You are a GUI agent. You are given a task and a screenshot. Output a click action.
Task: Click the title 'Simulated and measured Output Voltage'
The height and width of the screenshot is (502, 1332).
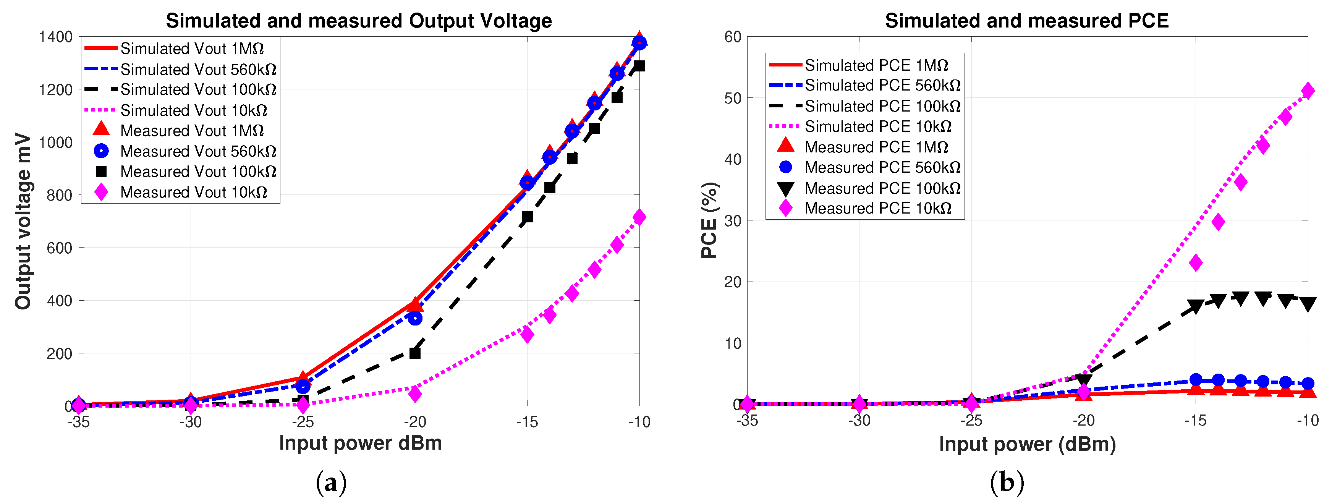[358, 21]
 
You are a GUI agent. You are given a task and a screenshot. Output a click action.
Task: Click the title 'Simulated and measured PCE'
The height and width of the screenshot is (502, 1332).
[1026, 21]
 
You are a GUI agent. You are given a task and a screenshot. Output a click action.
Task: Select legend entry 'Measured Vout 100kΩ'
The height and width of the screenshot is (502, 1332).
[198, 172]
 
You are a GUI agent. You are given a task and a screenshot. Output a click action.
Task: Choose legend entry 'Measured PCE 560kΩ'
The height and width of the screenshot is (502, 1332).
[882, 167]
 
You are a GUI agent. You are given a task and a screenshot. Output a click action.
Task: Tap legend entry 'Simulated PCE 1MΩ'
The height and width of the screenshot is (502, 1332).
[876, 65]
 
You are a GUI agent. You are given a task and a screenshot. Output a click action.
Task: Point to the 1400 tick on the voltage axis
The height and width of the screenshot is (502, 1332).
[55, 37]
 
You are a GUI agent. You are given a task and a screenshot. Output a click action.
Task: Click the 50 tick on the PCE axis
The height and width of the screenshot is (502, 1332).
[733, 98]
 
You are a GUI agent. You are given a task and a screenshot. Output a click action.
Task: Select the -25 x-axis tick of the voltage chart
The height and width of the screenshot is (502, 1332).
[303, 423]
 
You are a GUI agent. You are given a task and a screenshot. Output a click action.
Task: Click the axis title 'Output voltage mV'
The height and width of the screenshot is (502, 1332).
[23, 221]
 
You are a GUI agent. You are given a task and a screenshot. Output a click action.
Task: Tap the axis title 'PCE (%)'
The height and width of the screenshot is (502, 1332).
[709, 220]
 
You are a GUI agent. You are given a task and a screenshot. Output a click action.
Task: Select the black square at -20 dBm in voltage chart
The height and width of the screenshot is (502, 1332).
[415, 353]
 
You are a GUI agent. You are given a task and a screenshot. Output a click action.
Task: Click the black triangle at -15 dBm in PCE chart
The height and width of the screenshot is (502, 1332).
[1196, 306]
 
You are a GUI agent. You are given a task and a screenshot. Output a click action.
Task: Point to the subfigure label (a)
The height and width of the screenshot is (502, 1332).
[331, 483]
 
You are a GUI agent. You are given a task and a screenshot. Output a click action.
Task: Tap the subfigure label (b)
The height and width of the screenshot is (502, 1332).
[1006, 483]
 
